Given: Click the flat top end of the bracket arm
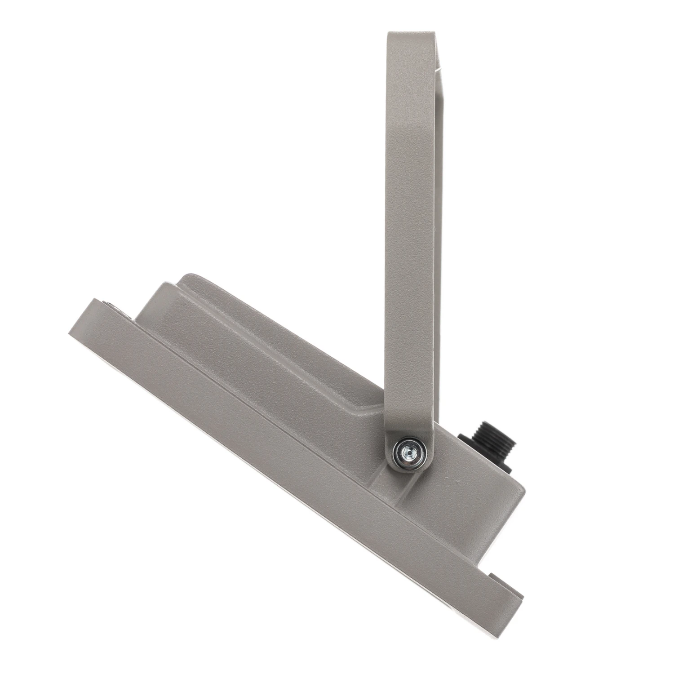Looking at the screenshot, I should tap(411, 34).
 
